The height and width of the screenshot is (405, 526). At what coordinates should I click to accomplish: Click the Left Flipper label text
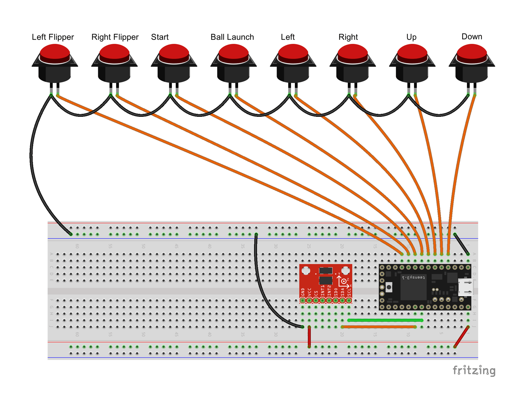click(x=53, y=37)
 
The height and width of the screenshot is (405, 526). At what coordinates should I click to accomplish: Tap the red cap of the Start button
click(x=174, y=52)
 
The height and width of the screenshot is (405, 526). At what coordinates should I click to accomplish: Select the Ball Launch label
click(x=232, y=37)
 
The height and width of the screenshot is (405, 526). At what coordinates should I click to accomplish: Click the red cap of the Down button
click(x=472, y=52)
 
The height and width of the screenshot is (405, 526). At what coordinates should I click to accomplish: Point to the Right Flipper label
click(x=115, y=37)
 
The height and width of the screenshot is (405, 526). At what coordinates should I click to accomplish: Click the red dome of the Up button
click(x=412, y=52)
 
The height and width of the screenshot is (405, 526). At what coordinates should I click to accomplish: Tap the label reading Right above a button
click(x=348, y=37)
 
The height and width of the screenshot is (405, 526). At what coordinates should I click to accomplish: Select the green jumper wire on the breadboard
click(x=386, y=320)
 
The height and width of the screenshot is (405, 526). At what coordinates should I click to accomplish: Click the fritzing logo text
click(x=474, y=370)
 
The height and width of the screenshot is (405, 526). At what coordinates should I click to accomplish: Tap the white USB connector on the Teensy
click(x=465, y=287)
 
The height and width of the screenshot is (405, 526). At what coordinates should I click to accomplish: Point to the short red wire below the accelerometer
click(x=309, y=337)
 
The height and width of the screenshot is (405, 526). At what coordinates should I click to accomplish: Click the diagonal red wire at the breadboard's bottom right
click(x=461, y=337)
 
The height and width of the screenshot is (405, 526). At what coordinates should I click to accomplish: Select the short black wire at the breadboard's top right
click(x=461, y=244)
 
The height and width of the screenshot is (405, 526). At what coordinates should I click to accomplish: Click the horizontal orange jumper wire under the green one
click(x=379, y=327)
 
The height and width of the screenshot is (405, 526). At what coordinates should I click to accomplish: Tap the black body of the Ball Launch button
click(x=233, y=74)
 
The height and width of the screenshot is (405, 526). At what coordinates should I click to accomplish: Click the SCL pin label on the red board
click(x=349, y=291)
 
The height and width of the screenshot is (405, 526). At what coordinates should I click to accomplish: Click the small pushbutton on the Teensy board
click(x=389, y=287)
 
